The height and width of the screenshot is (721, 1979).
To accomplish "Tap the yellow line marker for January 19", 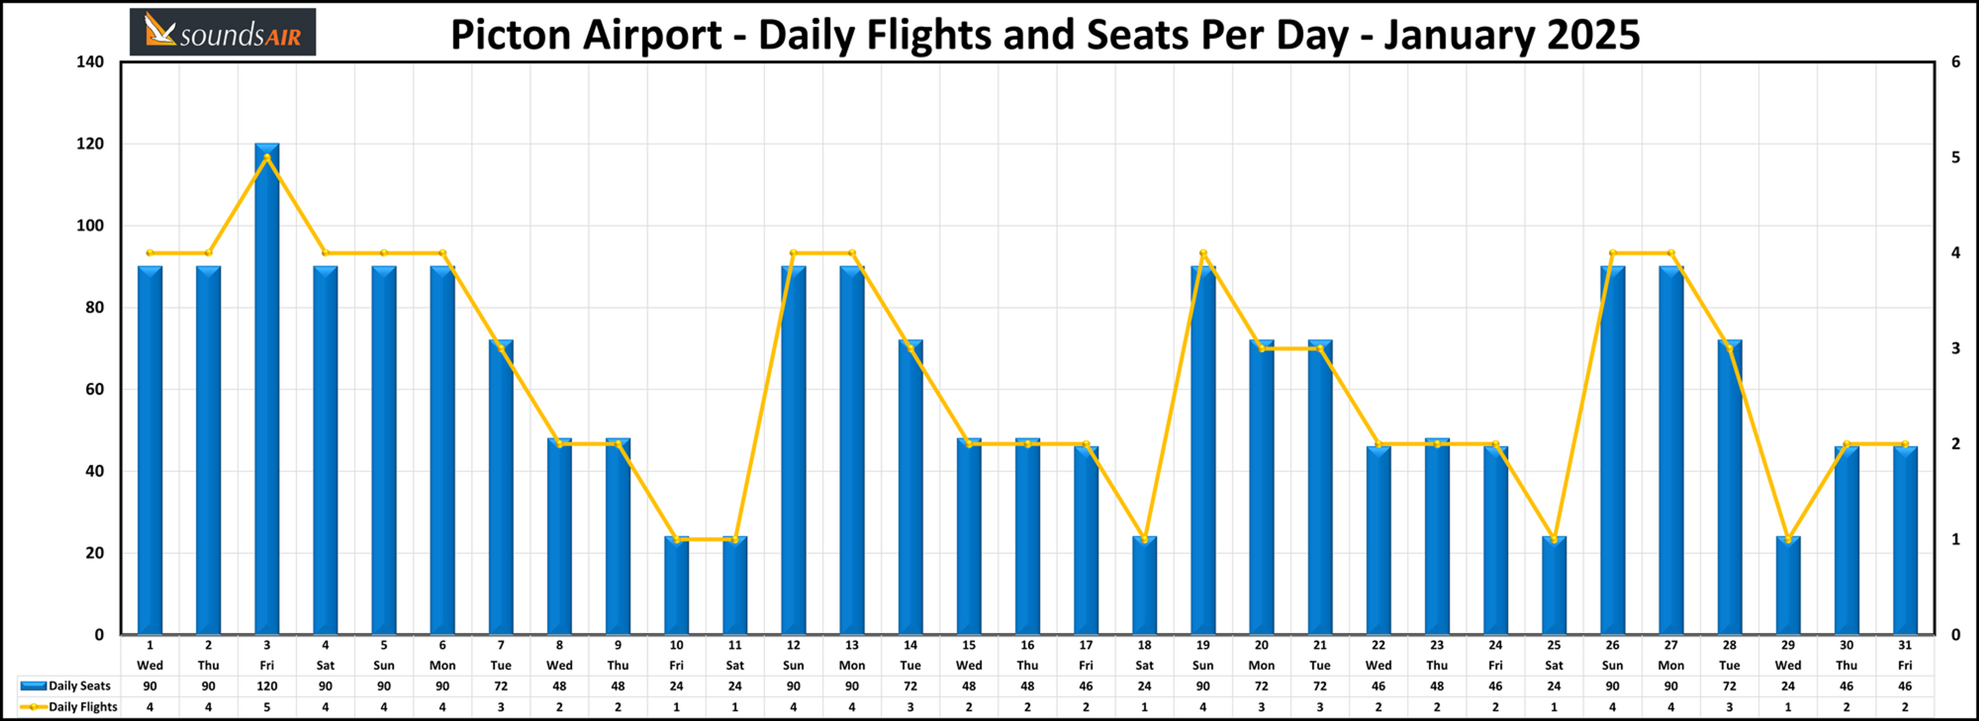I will [1203, 253].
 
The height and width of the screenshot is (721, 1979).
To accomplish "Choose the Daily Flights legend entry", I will [69, 707].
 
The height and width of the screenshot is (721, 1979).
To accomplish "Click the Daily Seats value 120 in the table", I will [267, 686].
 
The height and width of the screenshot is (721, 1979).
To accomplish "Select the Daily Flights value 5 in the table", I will [267, 707].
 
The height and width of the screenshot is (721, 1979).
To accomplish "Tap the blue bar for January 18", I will [1145, 586].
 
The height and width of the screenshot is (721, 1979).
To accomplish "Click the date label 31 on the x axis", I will [1904, 645].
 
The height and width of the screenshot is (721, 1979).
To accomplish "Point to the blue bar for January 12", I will [794, 451].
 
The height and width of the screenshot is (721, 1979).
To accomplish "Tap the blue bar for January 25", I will [1554, 586].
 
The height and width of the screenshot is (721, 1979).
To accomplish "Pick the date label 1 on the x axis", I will [150, 645].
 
